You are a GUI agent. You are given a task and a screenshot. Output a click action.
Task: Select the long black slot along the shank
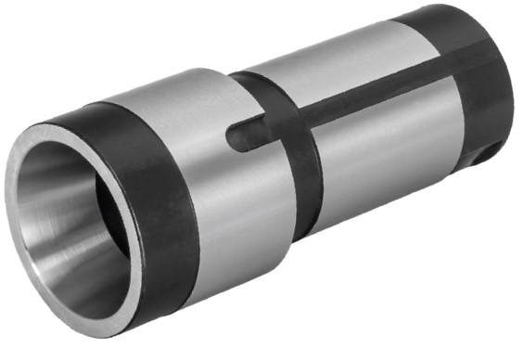[x=371, y=105]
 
